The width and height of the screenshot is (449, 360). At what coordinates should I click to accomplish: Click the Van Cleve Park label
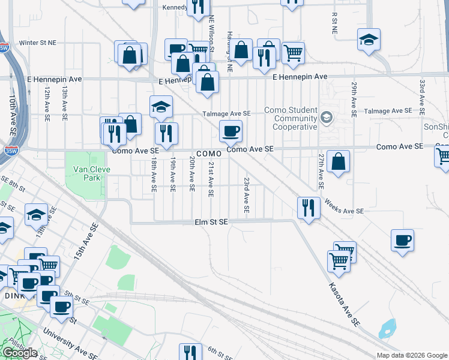(x=80, y=173)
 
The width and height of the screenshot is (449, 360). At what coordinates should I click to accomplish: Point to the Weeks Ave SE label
(x=344, y=211)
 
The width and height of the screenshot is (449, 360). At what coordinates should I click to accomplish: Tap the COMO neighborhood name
(x=208, y=154)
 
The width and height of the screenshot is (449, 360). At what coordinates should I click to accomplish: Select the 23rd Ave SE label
(x=246, y=194)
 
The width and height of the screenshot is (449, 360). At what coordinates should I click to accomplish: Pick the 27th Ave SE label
(x=322, y=171)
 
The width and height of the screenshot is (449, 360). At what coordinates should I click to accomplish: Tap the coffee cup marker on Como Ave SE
(x=231, y=131)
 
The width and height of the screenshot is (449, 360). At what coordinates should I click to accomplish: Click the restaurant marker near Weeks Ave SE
(x=309, y=208)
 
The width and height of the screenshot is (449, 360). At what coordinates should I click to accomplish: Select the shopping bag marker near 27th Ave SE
(x=339, y=162)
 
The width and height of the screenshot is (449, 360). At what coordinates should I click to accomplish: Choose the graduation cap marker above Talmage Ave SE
(x=161, y=107)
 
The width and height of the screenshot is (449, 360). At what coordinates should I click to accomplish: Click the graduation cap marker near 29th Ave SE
(x=369, y=40)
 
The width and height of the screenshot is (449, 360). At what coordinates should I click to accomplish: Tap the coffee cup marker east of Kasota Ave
(x=402, y=241)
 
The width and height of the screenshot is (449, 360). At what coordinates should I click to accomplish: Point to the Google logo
(x=20, y=353)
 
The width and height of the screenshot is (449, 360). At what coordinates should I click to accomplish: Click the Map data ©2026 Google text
(x=411, y=355)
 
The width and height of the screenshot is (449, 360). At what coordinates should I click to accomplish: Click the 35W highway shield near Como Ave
(x=9, y=148)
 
